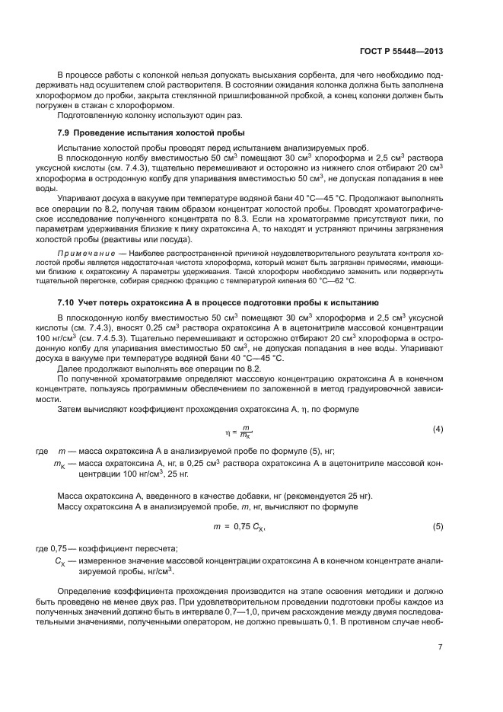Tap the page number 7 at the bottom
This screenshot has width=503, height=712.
(441, 647)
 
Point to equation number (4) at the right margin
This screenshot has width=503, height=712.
(438, 429)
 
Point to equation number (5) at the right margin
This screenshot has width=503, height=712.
(438, 526)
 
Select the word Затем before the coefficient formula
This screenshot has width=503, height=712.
(70, 410)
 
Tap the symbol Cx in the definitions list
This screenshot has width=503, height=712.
(59, 561)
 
